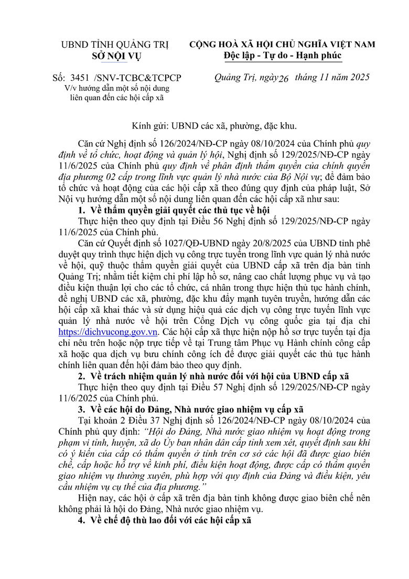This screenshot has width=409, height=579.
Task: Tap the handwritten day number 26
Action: tap(284, 79)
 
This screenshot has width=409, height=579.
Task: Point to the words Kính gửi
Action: tap(149, 126)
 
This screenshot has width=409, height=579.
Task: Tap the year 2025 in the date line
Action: tap(358, 77)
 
